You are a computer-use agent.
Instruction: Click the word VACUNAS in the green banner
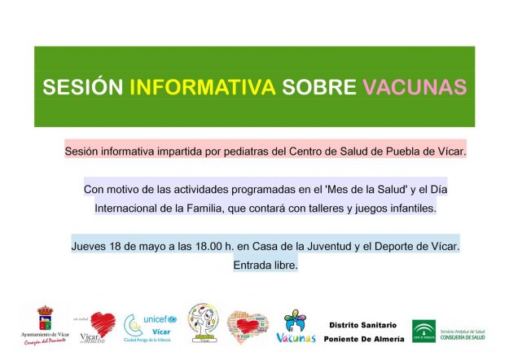coord(415,87)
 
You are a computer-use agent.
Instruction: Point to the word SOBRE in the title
coord(319,87)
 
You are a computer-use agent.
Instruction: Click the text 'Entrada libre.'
coord(265,265)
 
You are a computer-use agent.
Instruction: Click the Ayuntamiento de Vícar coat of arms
coord(46,318)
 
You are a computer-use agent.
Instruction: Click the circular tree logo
coord(203,323)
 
